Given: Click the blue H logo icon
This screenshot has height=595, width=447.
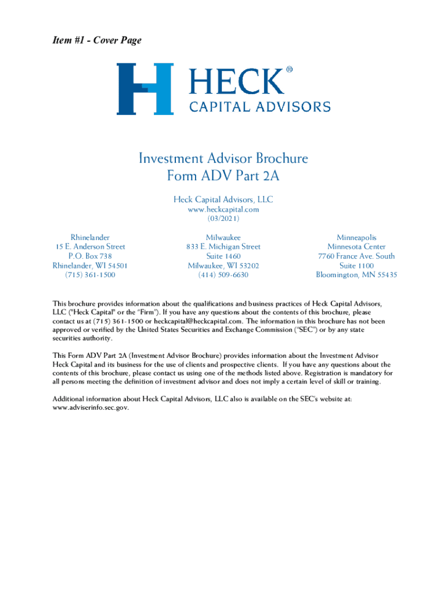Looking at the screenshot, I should (145, 89).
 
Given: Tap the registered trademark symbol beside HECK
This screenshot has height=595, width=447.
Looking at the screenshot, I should (289, 70).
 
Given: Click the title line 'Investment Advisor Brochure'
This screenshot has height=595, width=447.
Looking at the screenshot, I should (223, 159).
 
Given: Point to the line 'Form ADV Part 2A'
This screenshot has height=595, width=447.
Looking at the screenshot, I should (223, 175).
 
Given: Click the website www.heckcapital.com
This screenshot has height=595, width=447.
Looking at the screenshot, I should (223, 209).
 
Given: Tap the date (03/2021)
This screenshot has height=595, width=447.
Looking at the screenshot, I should (223, 218).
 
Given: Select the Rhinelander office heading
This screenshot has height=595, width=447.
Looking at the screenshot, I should (90, 238).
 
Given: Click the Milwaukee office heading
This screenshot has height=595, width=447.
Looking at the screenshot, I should (223, 238).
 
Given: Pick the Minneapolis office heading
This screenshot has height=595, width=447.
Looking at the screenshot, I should (356, 238).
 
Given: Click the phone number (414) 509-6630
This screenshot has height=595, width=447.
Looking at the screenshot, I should (223, 275).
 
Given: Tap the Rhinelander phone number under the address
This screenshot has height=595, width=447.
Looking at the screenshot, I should (90, 275).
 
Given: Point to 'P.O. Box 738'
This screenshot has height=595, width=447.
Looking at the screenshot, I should (90, 256).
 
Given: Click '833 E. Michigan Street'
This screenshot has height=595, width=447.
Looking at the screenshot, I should (223, 247).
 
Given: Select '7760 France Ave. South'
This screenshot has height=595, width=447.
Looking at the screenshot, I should (356, 256).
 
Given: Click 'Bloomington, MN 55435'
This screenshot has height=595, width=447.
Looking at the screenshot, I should (356, 275).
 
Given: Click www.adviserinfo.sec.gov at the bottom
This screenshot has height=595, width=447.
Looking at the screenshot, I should (91, 407).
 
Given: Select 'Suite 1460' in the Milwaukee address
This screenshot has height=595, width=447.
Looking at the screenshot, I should (223, 256).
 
